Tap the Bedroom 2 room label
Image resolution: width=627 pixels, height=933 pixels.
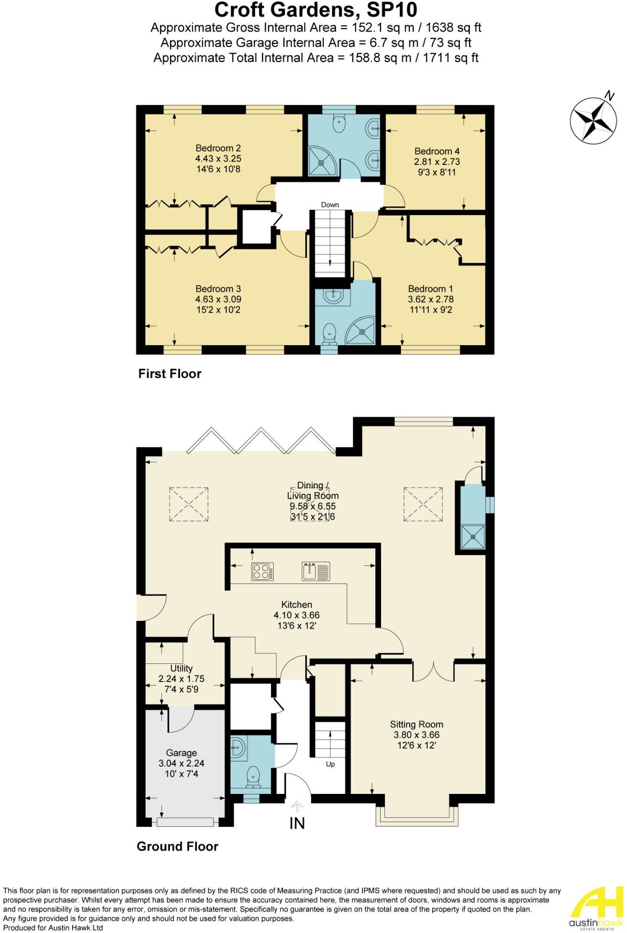click(218, 148)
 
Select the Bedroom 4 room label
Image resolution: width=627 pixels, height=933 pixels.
click(437, 151)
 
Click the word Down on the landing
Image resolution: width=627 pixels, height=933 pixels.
click(329, 205)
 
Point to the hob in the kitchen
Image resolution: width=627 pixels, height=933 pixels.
click(263, 571)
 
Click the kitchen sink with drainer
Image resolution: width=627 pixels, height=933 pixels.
click(316, 571)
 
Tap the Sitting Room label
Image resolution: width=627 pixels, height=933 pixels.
click(416, 724)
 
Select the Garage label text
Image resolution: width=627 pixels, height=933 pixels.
click(181, 753)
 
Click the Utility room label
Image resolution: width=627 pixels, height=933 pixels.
click(181, 668)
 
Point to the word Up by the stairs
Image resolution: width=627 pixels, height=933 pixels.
click(330, 764)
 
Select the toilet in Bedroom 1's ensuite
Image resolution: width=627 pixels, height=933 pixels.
click(329, 333)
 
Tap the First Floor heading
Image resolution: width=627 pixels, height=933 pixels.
click(170, 373)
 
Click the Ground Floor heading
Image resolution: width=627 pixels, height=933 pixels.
click(177, 846)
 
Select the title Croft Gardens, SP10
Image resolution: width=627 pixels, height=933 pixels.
click(316, 10)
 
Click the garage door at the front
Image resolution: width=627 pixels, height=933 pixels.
click(185, 822)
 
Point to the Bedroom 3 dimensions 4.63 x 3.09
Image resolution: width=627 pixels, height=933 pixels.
click(218, 299)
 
